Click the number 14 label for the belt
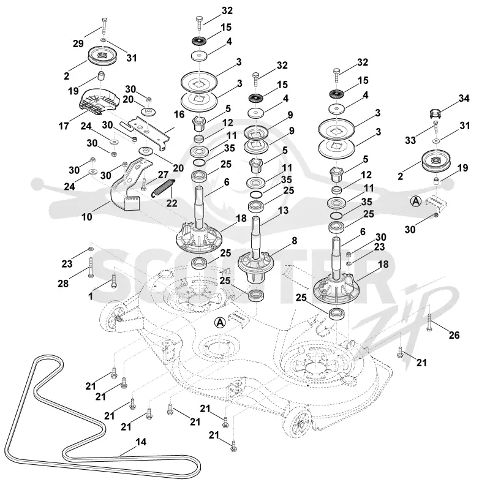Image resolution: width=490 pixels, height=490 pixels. click(x=141, y=442)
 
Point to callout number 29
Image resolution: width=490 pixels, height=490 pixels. click(x=78, y=43)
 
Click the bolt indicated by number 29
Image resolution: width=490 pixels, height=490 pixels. click(x=104, y=27)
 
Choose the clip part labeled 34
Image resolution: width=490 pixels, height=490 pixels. click(x=435, y=114)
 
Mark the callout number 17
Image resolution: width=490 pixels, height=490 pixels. click(x=64, y=126)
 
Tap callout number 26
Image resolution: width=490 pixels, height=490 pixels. click(x=454, y=335)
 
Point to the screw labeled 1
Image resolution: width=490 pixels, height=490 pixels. click(x=114, y=281)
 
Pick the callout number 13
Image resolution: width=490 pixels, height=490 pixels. click(x=283, y=210)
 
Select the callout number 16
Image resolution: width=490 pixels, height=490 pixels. click(x=179, y=115)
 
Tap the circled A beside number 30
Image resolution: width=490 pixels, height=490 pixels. click(x=416, y=202)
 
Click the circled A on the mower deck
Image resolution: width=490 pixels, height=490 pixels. click(x=221, y=322)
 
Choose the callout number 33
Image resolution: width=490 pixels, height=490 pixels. click(x=410, y=140)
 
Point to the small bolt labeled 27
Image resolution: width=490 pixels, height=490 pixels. click(x=144, y=184)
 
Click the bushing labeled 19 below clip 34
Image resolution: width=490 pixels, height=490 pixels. click(x=437, y=181)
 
